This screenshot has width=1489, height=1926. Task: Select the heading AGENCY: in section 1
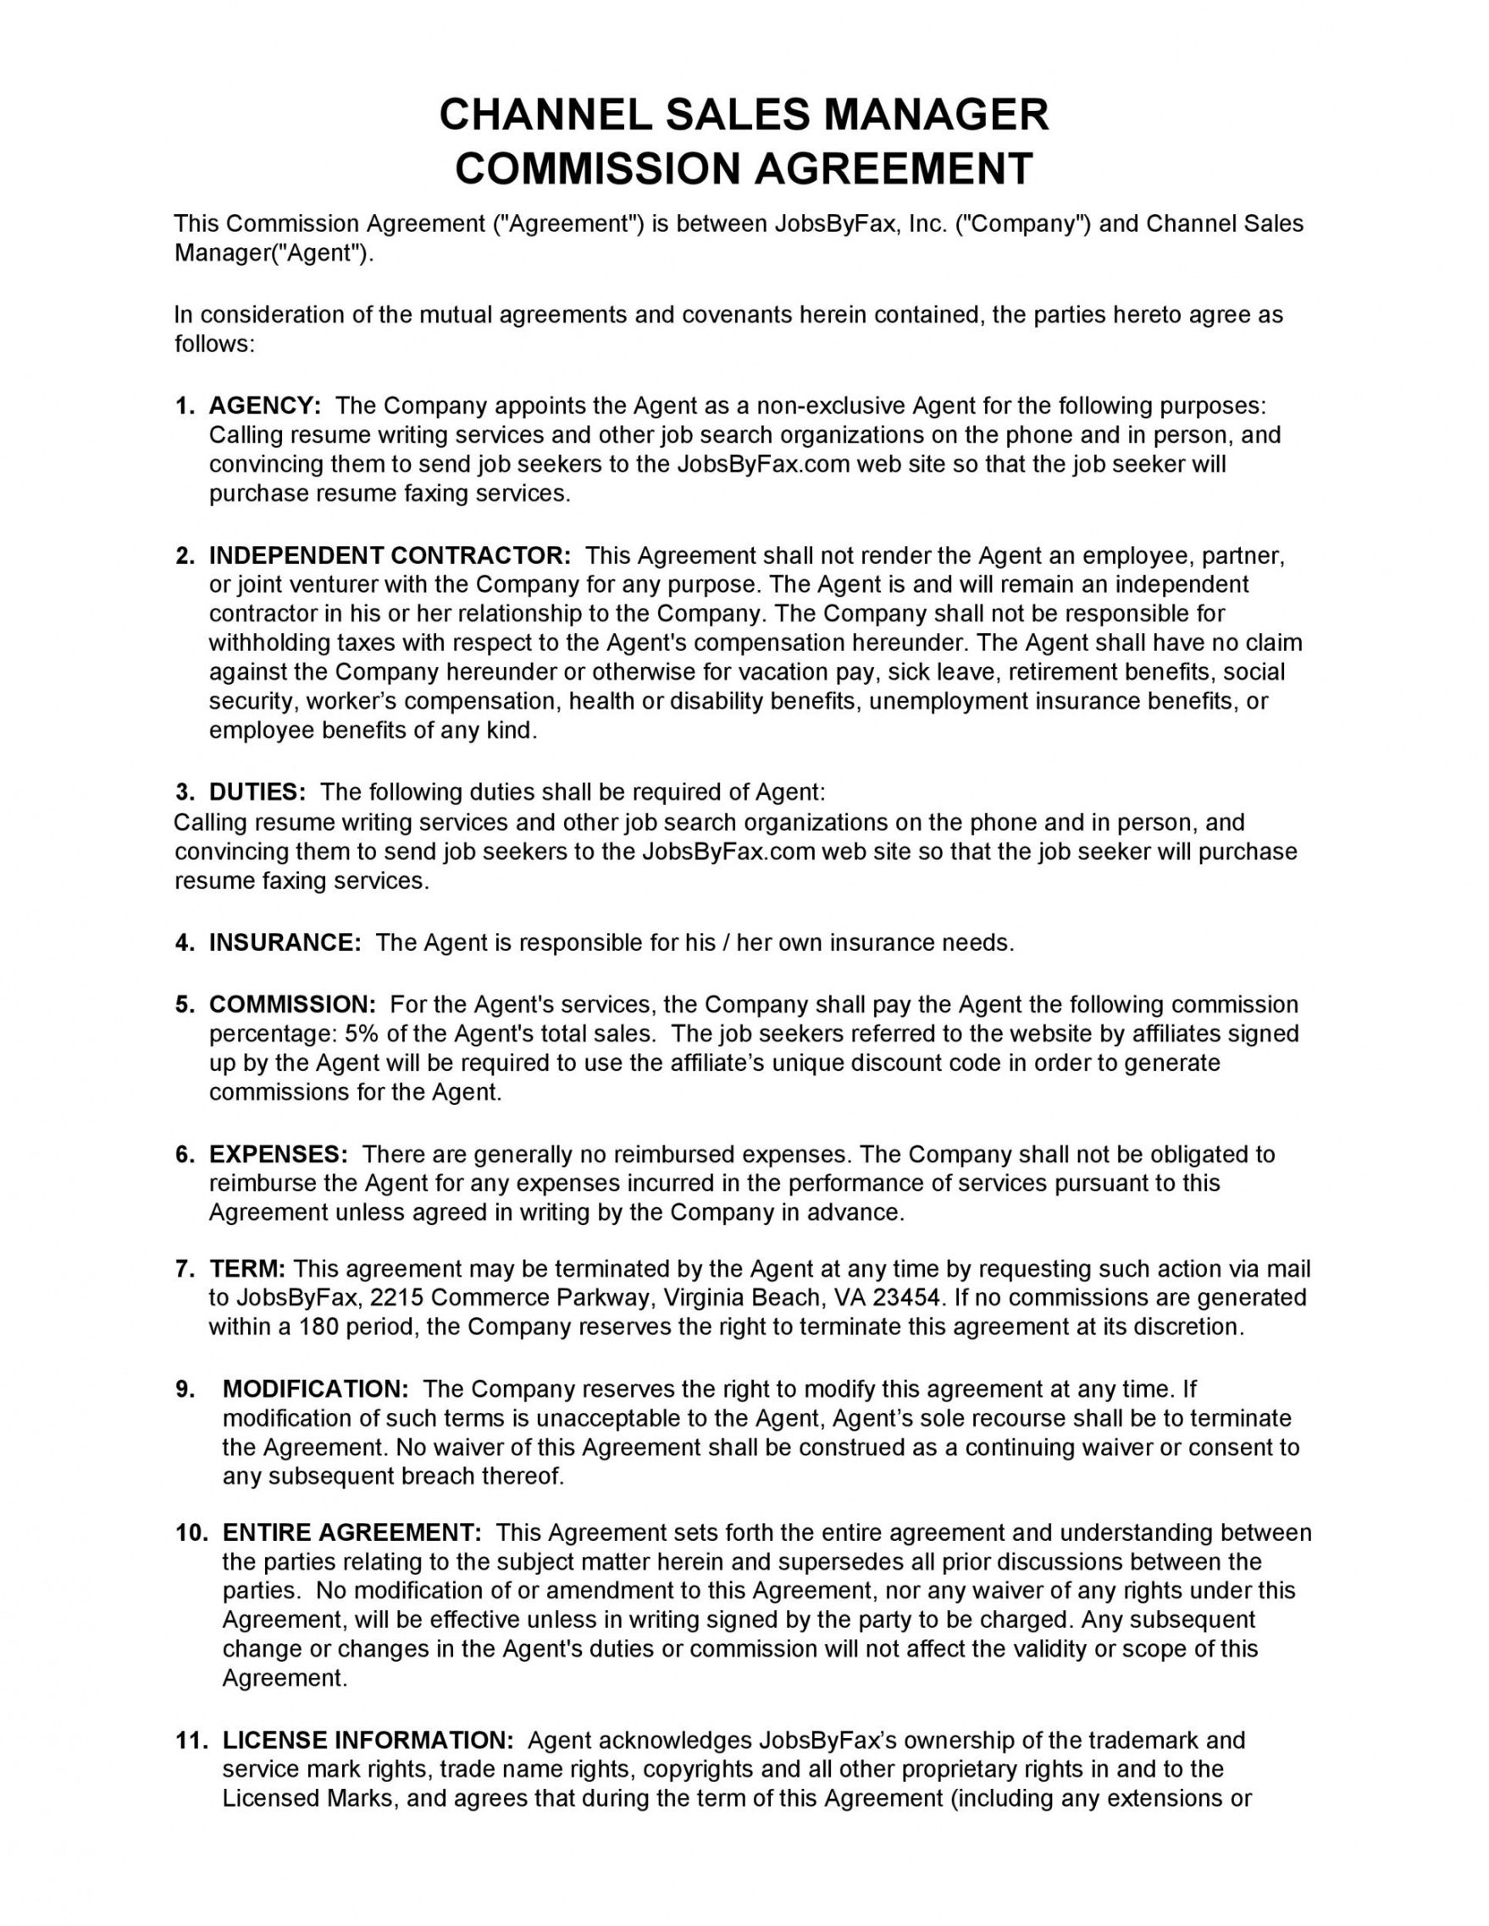click(264, 406)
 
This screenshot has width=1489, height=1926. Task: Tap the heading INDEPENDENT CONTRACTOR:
click(390, 555)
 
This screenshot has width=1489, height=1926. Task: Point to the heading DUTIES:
click(257, 792)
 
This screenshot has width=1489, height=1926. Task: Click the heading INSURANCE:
click(285, 943)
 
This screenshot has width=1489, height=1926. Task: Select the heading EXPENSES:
click(278, 1155)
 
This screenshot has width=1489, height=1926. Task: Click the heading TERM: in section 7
click(247, 1269)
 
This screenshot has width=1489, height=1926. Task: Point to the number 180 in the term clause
click(319, 1327)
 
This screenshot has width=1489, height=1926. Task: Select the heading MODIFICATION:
click(315, 1389)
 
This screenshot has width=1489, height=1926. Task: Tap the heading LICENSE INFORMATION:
click(367, 1740)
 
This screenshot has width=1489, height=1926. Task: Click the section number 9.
click(185, 1389)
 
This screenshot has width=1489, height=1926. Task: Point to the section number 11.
click(191, 1740)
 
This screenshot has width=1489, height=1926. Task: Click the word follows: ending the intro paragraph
click(214, 344)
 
